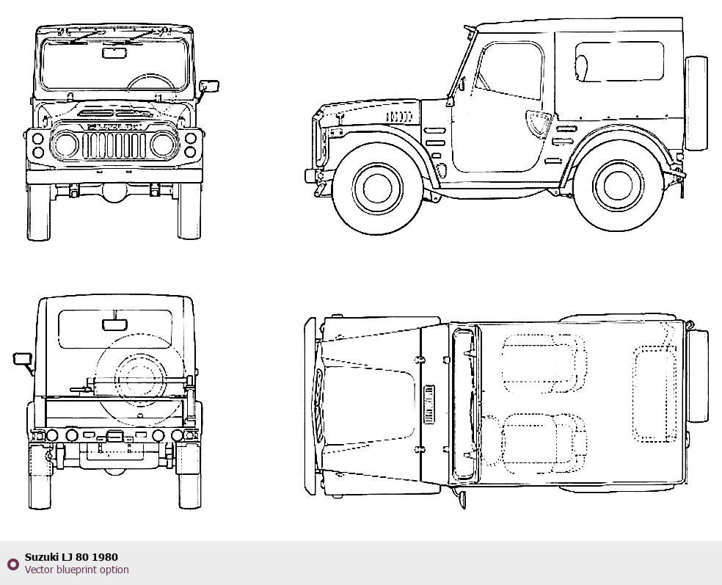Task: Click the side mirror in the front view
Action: coord(211,85)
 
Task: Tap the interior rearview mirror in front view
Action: coord(114,52)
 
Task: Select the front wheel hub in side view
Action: coord(378,188)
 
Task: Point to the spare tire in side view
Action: coord(696,103)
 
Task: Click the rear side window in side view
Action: coord(619,62)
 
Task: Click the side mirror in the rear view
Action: coord(22,359)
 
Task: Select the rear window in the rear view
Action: coord(115,329)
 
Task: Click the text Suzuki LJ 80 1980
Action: coord(71,557)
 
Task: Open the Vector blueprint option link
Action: coord(76,570)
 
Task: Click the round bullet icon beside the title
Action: coord(12,564)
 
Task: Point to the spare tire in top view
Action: coord(698,376)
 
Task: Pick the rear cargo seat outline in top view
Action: coord(655,394)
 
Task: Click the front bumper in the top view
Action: coord(310,405)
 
